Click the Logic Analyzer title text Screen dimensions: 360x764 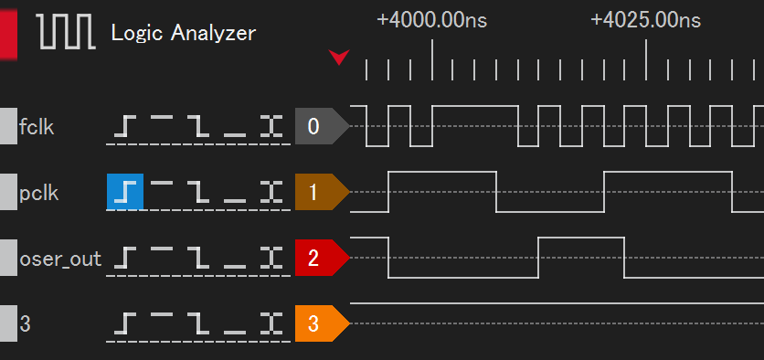tap(183, 34)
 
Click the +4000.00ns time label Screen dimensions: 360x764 tap(432, 20)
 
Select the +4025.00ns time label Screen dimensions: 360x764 tap(646, 20)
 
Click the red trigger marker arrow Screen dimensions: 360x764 tap(339, 58)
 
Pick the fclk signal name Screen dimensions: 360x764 tap(37, 127)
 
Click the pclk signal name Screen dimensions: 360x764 tap(37, 194)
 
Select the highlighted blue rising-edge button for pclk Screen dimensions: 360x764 tap(125, 192)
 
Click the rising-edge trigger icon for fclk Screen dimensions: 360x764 tap(125, 126)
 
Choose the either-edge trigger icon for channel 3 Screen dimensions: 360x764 tap(269, 323)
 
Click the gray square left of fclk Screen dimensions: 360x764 tap(7, 126)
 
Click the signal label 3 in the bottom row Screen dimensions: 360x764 tap(25, 323)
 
